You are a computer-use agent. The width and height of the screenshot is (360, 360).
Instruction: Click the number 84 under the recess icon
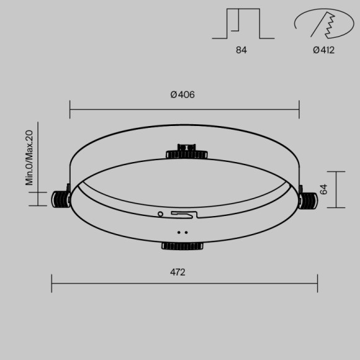pos(241,50)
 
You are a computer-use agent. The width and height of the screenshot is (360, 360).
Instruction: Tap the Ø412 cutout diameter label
pos(323,50)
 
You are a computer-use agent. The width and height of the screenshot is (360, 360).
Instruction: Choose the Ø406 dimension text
pos(182,94)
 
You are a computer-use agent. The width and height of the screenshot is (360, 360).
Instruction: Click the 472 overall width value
pos(178,272)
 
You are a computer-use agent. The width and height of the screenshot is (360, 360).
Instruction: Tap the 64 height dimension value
pos(323,189)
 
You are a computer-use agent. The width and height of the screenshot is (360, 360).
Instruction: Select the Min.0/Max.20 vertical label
pos(29,158)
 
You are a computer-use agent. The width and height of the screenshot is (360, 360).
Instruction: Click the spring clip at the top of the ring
pos(186,151)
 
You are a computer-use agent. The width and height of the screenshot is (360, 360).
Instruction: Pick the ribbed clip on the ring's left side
pos(60,198)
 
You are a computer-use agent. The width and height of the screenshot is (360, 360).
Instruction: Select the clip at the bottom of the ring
pos(181,246)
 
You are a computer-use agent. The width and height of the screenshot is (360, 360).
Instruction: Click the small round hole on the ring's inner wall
pos(161,214)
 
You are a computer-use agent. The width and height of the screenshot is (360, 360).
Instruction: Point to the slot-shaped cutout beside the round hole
pos(184,214)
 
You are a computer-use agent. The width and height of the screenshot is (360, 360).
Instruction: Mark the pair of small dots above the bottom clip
pos(182,233)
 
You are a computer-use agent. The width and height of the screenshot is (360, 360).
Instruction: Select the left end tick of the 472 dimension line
pos(52,283)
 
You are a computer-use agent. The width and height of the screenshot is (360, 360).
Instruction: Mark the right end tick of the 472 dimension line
pos(317,283)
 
